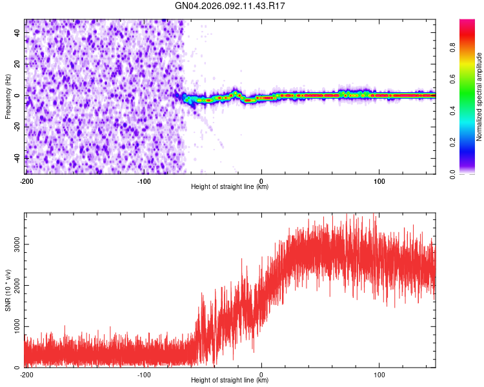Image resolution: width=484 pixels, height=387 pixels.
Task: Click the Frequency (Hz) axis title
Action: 8,97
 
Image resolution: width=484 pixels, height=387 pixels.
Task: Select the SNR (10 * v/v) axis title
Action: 8,290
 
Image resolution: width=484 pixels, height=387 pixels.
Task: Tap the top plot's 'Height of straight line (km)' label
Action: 230,187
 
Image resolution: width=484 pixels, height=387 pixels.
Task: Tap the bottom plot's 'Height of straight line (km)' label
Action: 230,381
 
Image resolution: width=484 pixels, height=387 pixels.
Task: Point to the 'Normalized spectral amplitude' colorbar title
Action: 479,97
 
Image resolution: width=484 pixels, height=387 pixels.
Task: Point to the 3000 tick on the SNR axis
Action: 14,244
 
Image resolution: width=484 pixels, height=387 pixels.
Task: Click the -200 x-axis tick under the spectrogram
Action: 26,181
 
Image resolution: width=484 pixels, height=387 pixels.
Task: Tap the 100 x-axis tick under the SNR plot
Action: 379,374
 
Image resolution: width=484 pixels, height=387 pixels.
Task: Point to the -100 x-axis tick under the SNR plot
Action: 144,374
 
